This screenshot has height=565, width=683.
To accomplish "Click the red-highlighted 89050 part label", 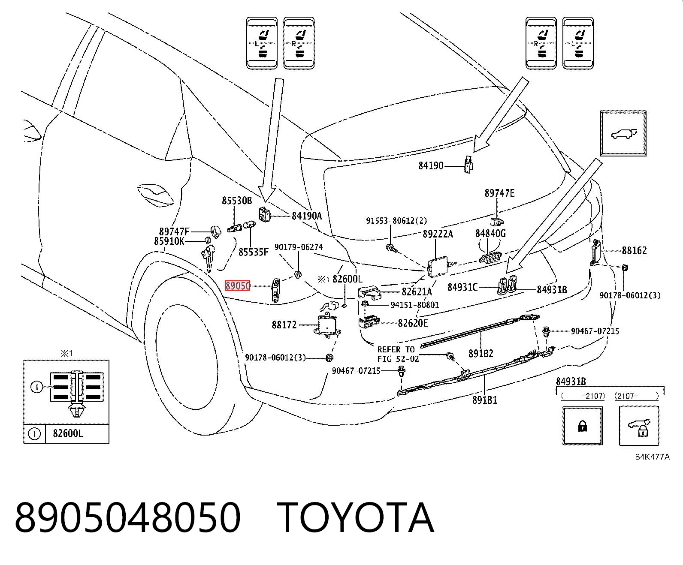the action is [x=238, y=286].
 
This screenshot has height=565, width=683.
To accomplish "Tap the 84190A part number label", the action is [x=307, y=216].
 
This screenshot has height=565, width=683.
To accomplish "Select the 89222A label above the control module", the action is [x=438, y=234].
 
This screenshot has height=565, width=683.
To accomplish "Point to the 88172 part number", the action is [x=284, y=325].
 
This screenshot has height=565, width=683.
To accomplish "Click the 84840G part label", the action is [x=490, y=233].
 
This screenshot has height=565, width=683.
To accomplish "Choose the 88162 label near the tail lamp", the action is [x=634, y=250].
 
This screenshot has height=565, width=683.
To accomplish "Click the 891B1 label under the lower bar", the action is [x=484, y=400].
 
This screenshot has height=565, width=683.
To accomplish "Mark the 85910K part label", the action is [x=169, y=241].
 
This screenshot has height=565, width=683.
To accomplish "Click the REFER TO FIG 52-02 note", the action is [x=398, y=354].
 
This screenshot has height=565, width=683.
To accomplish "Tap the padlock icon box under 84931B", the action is [x=582, y=426].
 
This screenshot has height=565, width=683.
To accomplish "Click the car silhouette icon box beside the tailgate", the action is [x=623, y=133].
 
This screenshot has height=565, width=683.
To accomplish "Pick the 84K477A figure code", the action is [x=652, y=457].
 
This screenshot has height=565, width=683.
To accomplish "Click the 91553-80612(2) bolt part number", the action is [x=396, y=221].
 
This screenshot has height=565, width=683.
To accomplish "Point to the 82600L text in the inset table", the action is [x=68, y=433].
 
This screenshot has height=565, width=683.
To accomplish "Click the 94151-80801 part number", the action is [x=415, y=305].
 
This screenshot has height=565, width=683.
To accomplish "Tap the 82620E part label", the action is [x=413, y=323].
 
